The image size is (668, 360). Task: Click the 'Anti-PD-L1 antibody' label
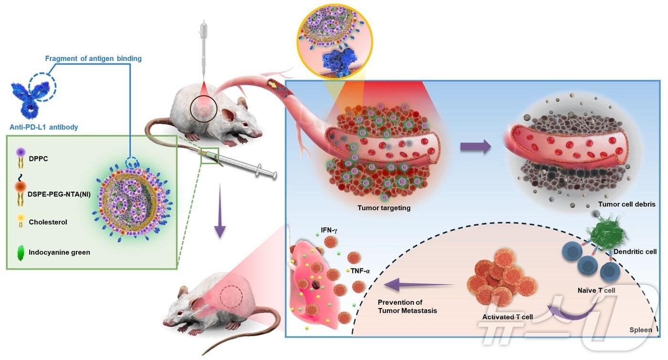point(44,127)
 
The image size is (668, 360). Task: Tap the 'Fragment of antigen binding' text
point(94,58)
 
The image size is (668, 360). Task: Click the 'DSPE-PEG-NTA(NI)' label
point(59,195)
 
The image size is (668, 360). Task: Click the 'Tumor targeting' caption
point(384,208)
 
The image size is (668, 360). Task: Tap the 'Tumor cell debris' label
point(626,204)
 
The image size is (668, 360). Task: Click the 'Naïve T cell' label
point(596,290)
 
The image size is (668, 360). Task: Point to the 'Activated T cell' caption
point(508,317)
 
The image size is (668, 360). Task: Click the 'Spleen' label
point(640,330)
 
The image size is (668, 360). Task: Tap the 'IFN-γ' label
point(329,230)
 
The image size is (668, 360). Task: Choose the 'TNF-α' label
point(360,271)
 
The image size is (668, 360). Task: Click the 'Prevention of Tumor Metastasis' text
point(407,306)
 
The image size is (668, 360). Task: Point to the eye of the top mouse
point(245,123)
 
